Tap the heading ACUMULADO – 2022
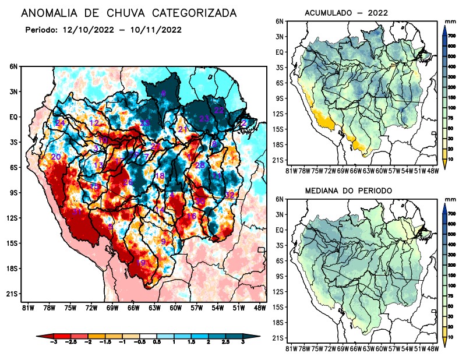pyautogui.click(x=346, y=13)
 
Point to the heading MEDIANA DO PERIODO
pyautogui.click(x=349, y=191)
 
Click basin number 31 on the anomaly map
pyautogui.click(x=77, y=211)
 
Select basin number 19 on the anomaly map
pyautogui.click(x=140, y=263)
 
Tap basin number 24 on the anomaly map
pyautogui.click(x=60, y=123)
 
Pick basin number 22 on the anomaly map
pyautogui.click(x=219, y=110)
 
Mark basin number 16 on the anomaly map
pyautogui.click(x=191, y=216)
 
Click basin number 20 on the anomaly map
pyautogui.click(x=56, y=157)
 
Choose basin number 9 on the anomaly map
pyautogui.click(x=164, y=242)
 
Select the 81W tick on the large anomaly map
pyautogui.click(x=27, y=308)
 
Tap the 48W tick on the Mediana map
pyautogui.click(x=432, y=348)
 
